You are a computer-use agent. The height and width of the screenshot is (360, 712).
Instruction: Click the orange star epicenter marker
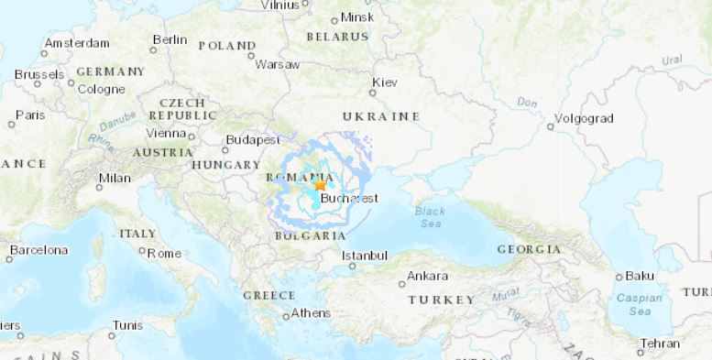(320, 184)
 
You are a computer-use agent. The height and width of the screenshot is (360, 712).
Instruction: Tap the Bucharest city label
(350, 198)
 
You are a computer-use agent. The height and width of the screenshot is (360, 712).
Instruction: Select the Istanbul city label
(365, 256)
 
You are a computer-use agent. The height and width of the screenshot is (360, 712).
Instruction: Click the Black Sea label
(430, 217)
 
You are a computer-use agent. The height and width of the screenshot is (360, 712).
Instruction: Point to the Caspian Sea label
(632, 305)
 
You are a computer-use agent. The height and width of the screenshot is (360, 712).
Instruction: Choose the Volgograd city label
(585, 119)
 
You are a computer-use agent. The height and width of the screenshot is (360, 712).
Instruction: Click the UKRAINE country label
(381, 116)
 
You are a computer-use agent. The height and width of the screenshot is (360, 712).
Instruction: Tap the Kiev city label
(386, 83)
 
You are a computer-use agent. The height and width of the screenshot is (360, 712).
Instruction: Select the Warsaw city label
(278, 65)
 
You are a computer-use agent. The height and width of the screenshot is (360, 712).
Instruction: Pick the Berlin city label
(170, 39)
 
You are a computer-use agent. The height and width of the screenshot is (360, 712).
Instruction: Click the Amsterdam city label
(76, 43)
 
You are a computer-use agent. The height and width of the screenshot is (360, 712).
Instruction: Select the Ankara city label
(427, 276)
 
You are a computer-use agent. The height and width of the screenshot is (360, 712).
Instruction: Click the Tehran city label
(660, 344)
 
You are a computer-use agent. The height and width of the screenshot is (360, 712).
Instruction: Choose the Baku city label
(639, 276)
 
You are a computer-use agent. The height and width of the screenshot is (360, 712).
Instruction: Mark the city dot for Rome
(141, 252)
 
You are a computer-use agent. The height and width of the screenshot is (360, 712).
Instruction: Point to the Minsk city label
(357, 17)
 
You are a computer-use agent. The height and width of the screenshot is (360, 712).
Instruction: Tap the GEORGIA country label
(529, 249)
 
